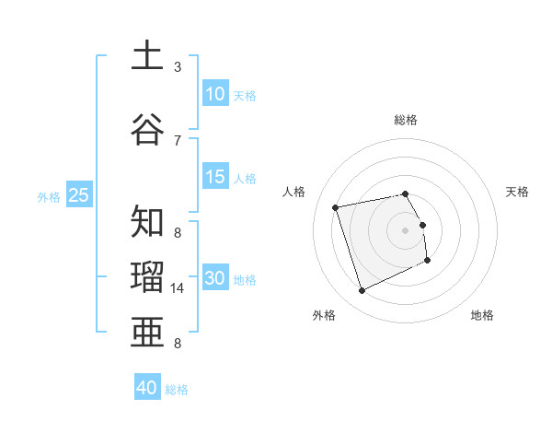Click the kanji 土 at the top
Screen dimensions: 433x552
click(148, 57)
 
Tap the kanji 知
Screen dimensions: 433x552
click(148, 222)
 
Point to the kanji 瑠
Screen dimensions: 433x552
click(148, 275)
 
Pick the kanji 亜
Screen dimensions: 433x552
click(148, 329)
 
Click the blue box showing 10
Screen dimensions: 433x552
click(215, 94)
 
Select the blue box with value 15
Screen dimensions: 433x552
click(215, 178)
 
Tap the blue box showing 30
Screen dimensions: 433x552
click(215, 278)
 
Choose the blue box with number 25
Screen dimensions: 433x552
click(78, 195)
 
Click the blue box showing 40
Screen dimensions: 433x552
click(147, 388)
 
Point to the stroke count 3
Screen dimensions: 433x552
click(178, 67)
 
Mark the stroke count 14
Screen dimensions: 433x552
click(178, 288)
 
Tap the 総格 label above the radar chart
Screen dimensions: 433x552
click(406, 120)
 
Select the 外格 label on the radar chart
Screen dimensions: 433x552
click(324, 315)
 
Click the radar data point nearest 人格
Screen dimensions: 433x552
click(336, 206)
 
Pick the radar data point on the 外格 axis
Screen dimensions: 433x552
click(362, 291)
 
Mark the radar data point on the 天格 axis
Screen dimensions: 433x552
click(422, 225)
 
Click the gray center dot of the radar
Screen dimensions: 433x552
click(405, 229)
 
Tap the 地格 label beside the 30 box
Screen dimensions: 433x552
click(245, 280)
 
